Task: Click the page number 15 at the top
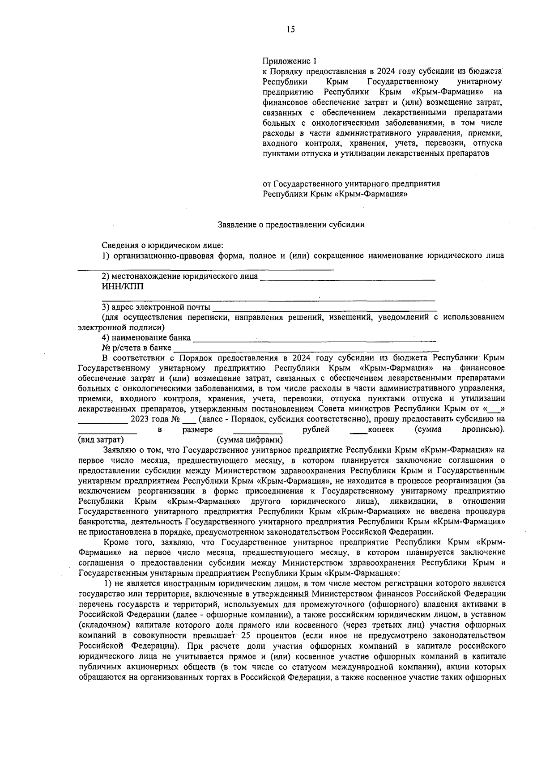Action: [x=290, y=30]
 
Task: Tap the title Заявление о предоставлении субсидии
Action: [x=291, y=225]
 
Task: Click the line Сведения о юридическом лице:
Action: [x=162, y=245]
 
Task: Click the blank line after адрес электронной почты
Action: [x=324, y=309]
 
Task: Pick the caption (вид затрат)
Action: [x=101, y=440]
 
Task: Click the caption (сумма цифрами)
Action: [x=249, y=440]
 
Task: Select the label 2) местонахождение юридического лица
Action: [x=180, y=276]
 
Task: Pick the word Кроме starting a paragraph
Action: [x=115, y=542]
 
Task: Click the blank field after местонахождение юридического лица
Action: [x=348, y=278]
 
